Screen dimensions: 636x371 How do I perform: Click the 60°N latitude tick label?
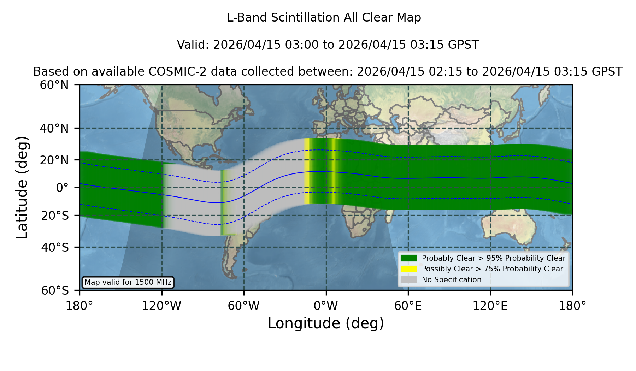tap(54, 85)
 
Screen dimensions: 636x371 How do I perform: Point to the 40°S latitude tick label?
tap(55, 247)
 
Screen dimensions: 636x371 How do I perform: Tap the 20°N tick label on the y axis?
tap(54, 160)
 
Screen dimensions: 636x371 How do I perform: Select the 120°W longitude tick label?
tap(161, 306)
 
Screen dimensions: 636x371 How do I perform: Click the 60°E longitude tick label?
tap(408, 306)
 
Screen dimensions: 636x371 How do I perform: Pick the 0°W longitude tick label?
tap(326, 306)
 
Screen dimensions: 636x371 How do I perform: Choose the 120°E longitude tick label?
tap(490, 306)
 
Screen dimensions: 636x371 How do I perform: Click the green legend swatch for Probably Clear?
tap(409, 258)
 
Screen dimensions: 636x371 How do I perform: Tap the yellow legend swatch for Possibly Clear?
tap(409, 269)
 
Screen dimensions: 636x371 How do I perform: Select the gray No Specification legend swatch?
tap(409, 279)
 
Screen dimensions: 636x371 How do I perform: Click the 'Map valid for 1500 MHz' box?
tap(128, 282)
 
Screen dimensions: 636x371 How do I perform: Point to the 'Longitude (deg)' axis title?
tap(326, 323)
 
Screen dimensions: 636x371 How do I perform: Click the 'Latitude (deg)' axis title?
tap(22, 187)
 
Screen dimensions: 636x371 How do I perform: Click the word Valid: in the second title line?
tap(194, 45)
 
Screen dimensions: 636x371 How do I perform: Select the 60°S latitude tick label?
tap(55, 290)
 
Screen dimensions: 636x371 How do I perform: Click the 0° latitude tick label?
tap(62, 188)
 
